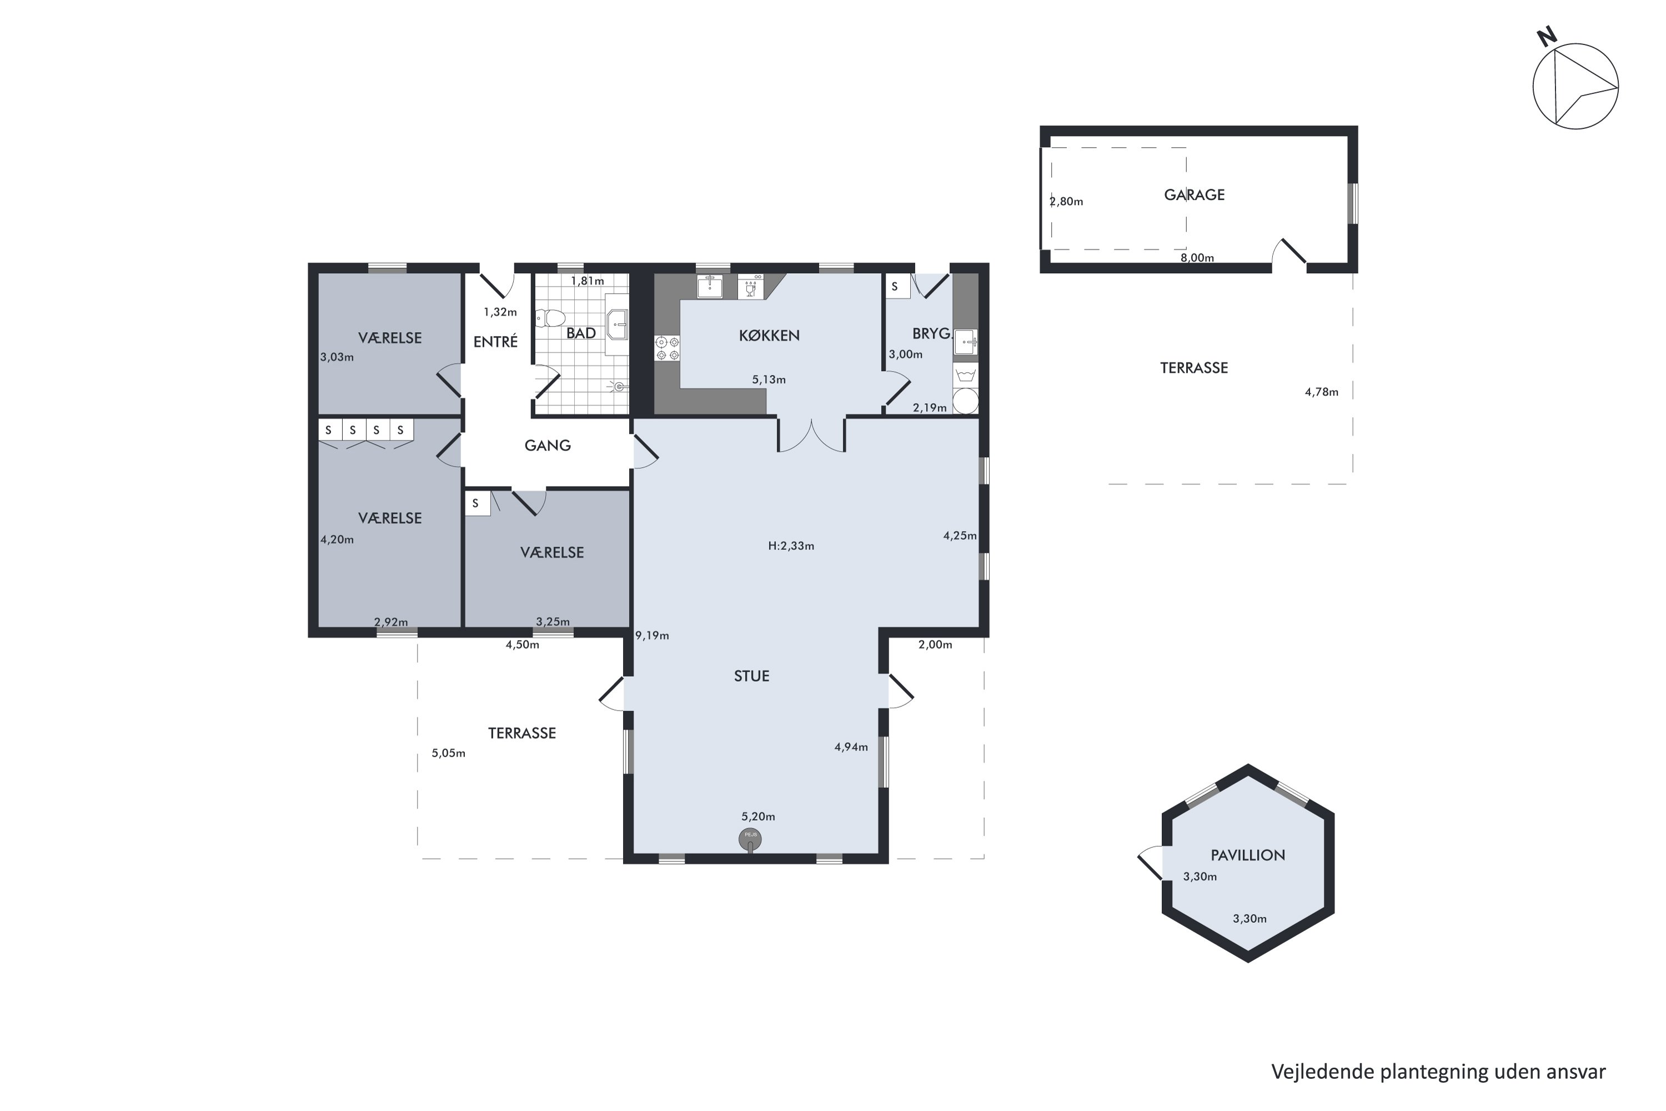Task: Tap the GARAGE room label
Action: click(x=1195, y=195)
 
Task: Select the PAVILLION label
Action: click(x=1247, y=855)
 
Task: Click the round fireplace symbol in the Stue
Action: click(x=750, y=839)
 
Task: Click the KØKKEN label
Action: click(x=769, y=336)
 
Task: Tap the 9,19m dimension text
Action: click(x=651, y=635)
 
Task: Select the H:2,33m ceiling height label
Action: click(x=791, y=546)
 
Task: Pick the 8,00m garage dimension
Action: click(x=1197, y=258)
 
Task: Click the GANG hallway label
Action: click(x=548, y=446)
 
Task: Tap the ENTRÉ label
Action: click(x=495, y=342)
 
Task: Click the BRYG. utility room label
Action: click(x=931, y=334)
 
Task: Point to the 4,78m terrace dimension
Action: click(x=1322, y=392)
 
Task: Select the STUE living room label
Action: click(x=751, y=676)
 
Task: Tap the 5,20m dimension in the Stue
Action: click(x=758, y=817)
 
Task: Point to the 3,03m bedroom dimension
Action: click(x=337, y=357)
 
